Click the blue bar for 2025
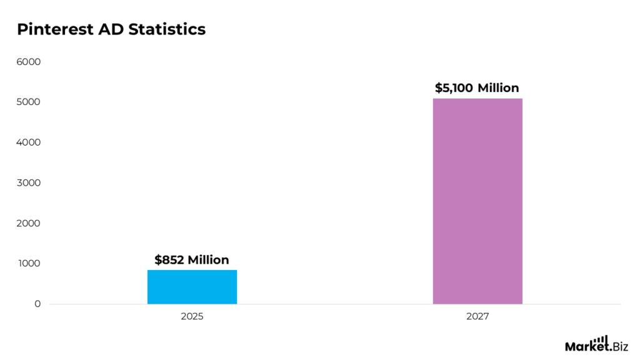(192, 287)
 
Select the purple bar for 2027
(477, 201)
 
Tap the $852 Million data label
(192, 259)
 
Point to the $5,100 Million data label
(477, 88)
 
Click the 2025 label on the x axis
(192, 317)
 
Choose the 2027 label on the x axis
(477, 317)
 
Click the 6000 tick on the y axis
(29, 62)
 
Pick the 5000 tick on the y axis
(29, 102)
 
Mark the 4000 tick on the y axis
(29, 142)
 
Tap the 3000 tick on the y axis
(29, 183)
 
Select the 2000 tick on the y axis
(29, 223)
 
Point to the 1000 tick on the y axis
(29, 264)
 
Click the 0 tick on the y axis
(37, 304)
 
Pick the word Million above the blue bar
(208, 259)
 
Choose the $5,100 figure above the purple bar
(454, 88)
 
